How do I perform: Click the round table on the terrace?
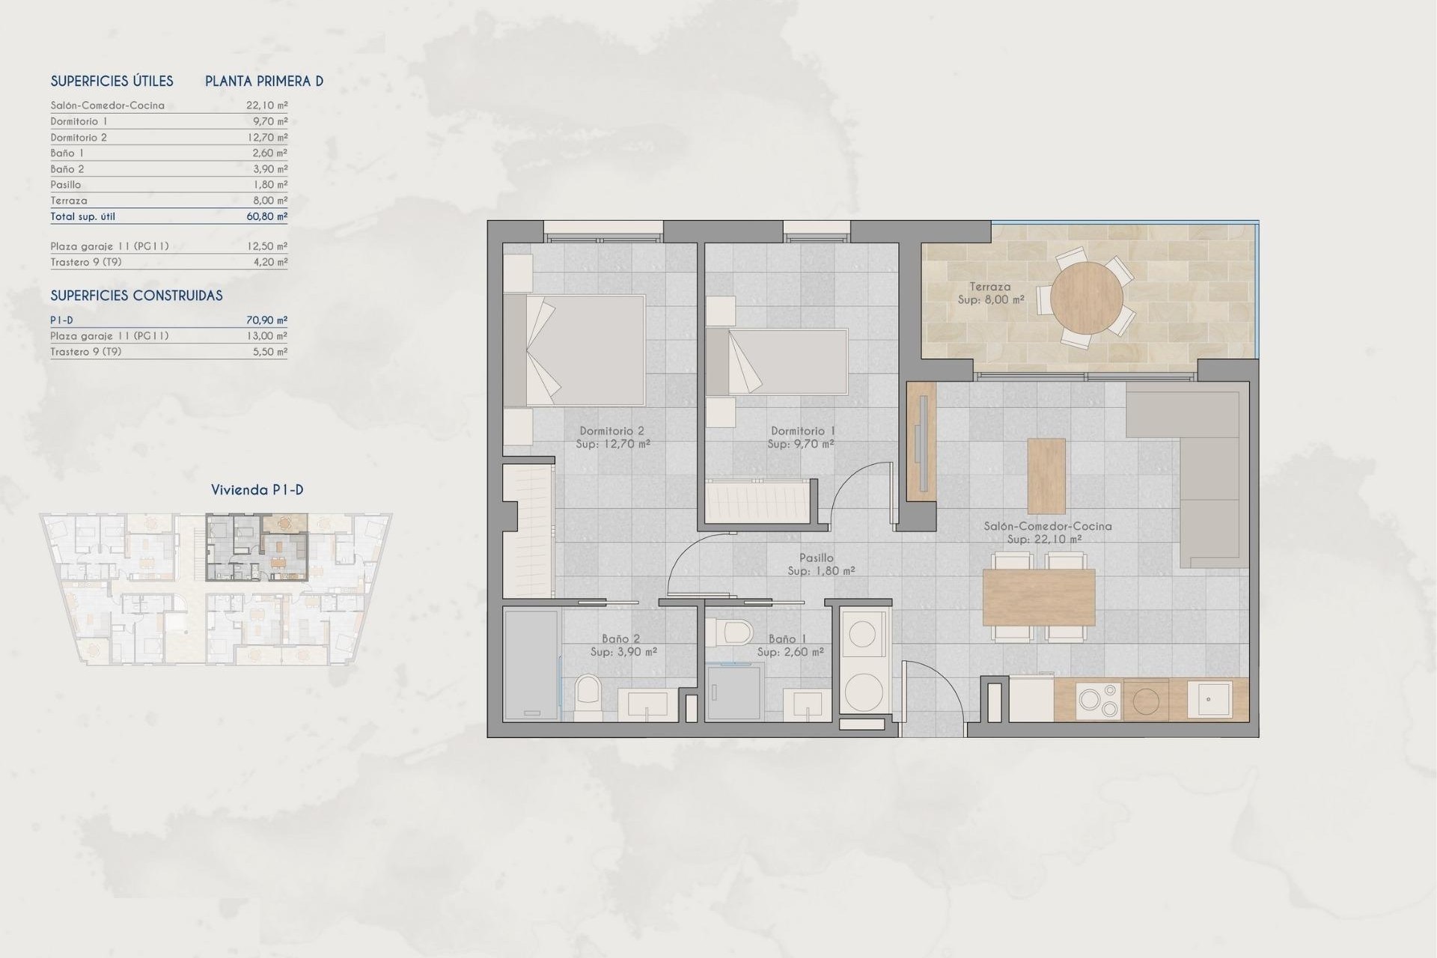[x=1086, y=298]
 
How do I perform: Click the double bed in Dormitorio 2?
[x=575, y=350]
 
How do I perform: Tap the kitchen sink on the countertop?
[x=1209, y=699]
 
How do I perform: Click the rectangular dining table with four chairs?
[x=1038, y=597]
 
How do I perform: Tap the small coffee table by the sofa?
[x=1046, y=475]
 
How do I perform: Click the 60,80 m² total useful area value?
[x=266, y=216]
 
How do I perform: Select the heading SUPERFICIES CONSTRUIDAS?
[x=136, y=296]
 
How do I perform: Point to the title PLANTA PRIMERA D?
[x=264, y=81]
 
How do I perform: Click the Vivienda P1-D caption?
[x=257, y=490]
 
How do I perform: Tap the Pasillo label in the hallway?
[x=816, y=558]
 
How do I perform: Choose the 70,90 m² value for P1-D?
[x=266, y=320]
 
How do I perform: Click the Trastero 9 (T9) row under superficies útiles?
[x=86, y=262]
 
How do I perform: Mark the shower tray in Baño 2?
[x=531, y=664]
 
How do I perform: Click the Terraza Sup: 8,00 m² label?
[x=990, y=293]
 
